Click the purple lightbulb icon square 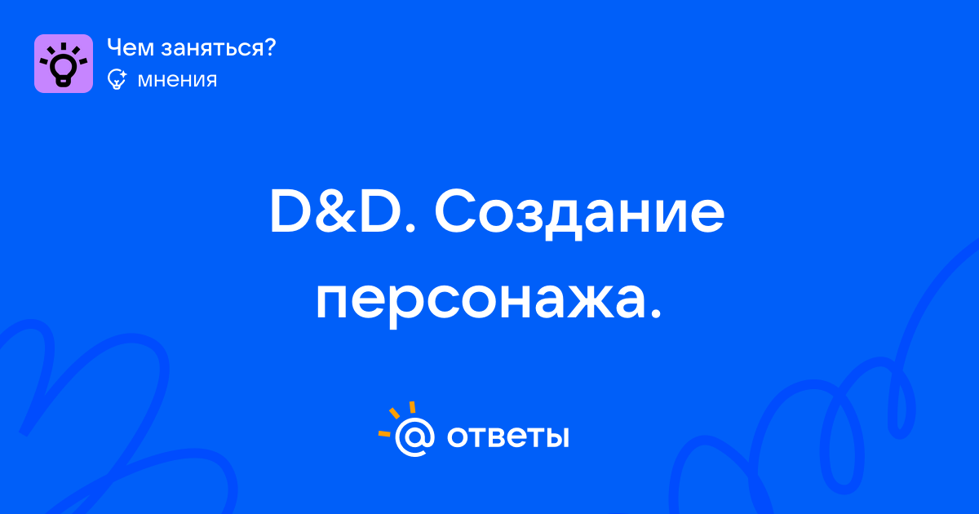[x=64, y=64]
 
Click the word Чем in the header [x=131, y=47]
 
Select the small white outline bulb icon [x=117, y=79]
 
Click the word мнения [x=177, y=80]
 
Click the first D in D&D [x=290, y=211]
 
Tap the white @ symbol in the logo [x=414, y=437]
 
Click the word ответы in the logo [x=507, y=436]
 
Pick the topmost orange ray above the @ [x=412, y=407]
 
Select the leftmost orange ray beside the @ [x=384, y=434]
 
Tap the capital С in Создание [x=454, y=211]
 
